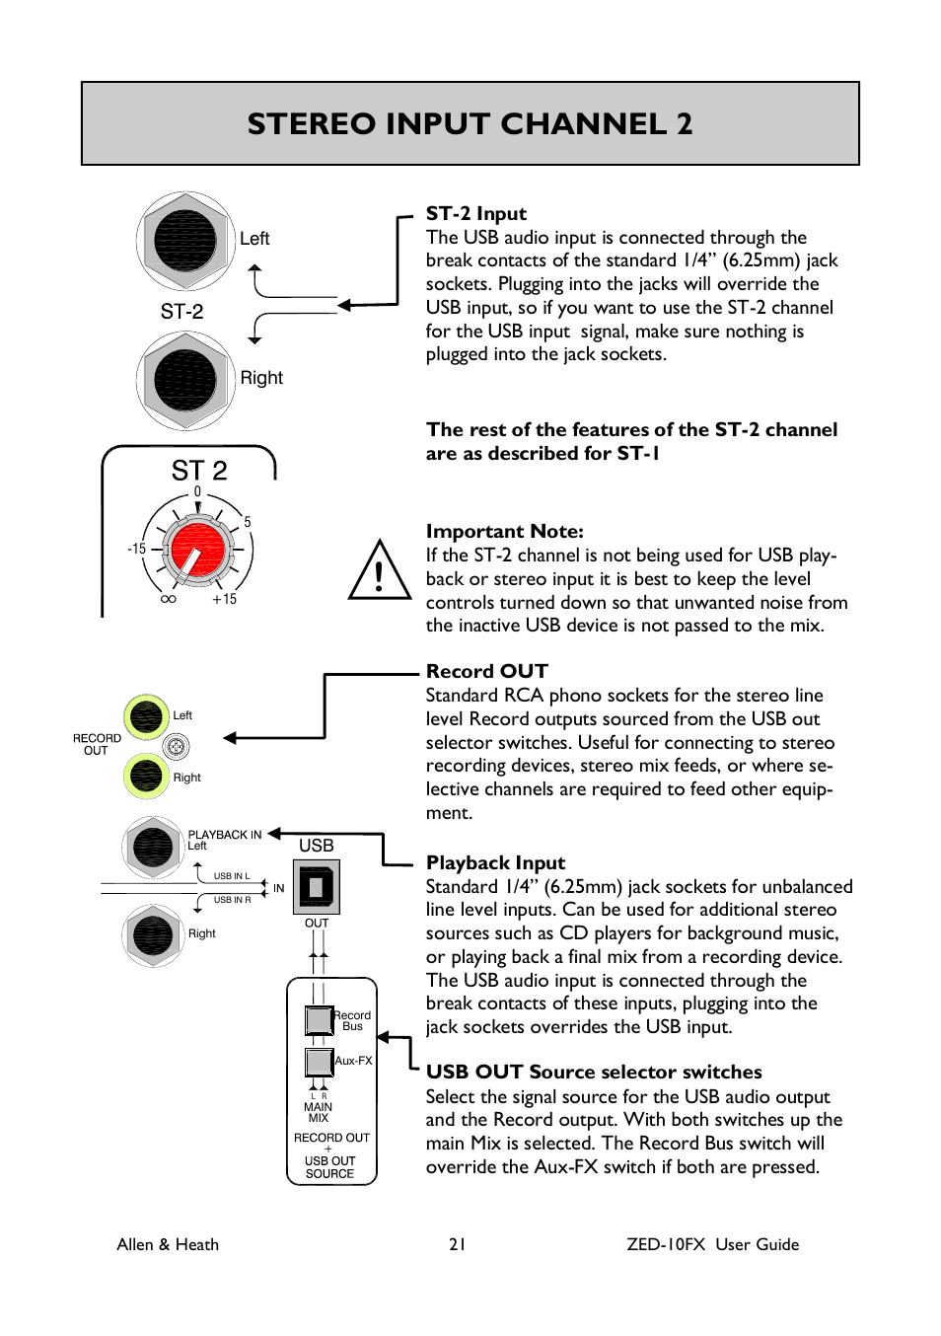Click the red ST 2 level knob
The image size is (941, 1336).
point(196,549)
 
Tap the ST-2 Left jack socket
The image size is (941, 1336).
point(185,241)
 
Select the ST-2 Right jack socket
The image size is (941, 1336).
point(185,380)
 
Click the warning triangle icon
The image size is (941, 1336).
point(380,572)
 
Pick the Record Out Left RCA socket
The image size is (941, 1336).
point(146,716)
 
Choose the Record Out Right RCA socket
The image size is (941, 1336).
point(146,776)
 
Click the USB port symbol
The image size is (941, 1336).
point(317,886)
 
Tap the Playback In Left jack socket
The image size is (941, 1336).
point(153,847)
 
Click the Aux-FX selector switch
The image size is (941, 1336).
point(319,1062)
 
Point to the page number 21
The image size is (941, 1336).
point(457,1244)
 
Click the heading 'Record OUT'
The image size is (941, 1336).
point(486,671)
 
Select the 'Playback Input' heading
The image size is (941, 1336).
point(495,862)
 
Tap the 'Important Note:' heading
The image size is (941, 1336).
point(504,531)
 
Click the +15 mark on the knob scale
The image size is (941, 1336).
point(224,599)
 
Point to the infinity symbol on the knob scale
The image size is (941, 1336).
point(168,599)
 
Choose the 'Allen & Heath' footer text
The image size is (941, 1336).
point(168,1244)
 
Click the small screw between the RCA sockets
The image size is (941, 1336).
point(176,747)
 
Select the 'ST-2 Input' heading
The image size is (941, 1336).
point(475,213)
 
